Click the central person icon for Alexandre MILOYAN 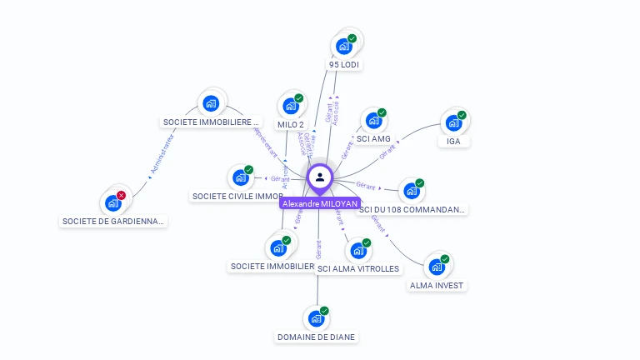coord(320,177)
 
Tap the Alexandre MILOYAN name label coord(320,203)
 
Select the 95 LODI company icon coord(343,47)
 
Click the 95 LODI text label coord(344,64)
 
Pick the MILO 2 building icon coord(291,106)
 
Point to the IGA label coord(453,141)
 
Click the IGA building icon coord(453,122)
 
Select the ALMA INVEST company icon coord(436,267)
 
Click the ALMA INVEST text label coord(437,285)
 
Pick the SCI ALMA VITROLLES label coord(358,268)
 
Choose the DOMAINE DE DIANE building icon coord(316,318)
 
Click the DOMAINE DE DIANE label coord(316,337)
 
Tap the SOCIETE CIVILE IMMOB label coord(238,197)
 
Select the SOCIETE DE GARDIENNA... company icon coord(112,202)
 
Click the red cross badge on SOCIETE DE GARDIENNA coord(121,196)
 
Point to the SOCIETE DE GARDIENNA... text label coord(114,221)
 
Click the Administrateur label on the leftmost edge coord(163,157)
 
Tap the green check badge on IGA coord(462,115)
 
